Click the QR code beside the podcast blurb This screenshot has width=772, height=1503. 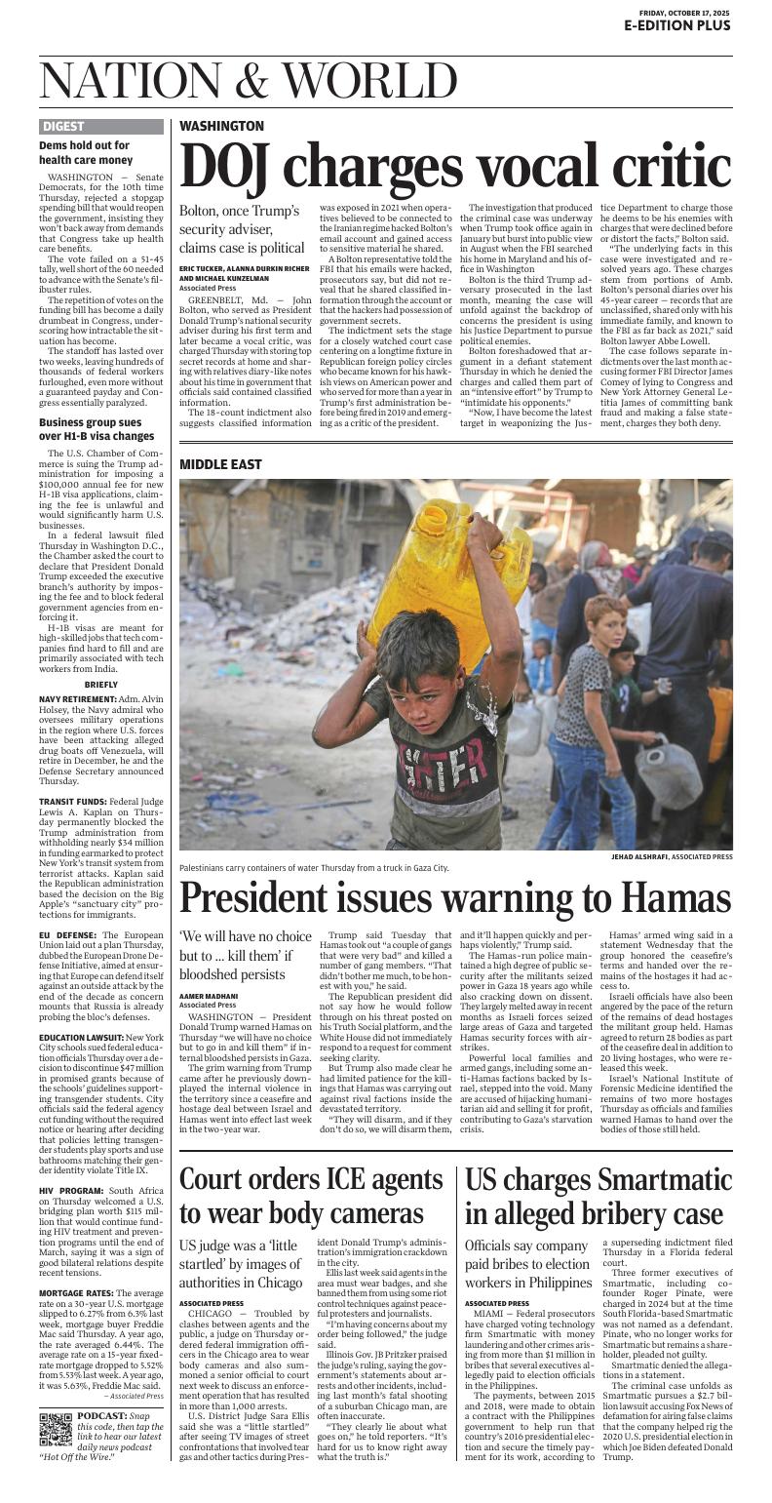(56, 1428)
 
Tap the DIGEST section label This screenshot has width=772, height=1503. (63, 126)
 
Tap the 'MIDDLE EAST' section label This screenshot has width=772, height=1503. (220, 464)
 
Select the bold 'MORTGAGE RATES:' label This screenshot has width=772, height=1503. (79, 1293)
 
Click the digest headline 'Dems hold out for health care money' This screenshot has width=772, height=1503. (85, 152)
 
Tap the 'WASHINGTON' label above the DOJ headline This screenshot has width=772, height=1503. (221, 126)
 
